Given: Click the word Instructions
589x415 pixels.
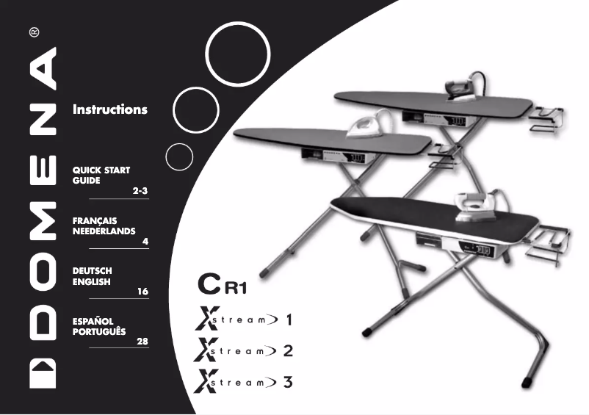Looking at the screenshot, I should click(109, 110).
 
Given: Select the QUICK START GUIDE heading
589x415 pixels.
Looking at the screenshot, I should click(101, 175).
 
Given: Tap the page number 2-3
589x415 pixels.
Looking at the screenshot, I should click(140, 191).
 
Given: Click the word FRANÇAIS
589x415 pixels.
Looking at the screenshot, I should click(95, 220).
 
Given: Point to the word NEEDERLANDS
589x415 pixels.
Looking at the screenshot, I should click(104, 231).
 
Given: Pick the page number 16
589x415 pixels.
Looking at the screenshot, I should click(142, 292).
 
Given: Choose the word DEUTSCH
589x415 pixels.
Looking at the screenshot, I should click(92, 271).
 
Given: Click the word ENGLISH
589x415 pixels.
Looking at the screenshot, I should click(91, 281).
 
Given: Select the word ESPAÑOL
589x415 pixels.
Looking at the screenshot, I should click(92, 322).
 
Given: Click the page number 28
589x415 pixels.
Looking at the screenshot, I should click(142, 342).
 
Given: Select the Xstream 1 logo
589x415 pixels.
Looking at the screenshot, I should click(242, 320).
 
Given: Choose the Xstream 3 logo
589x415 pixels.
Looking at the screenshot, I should click(242, 382).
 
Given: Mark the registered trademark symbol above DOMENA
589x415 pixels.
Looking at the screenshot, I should click(35, 32).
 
